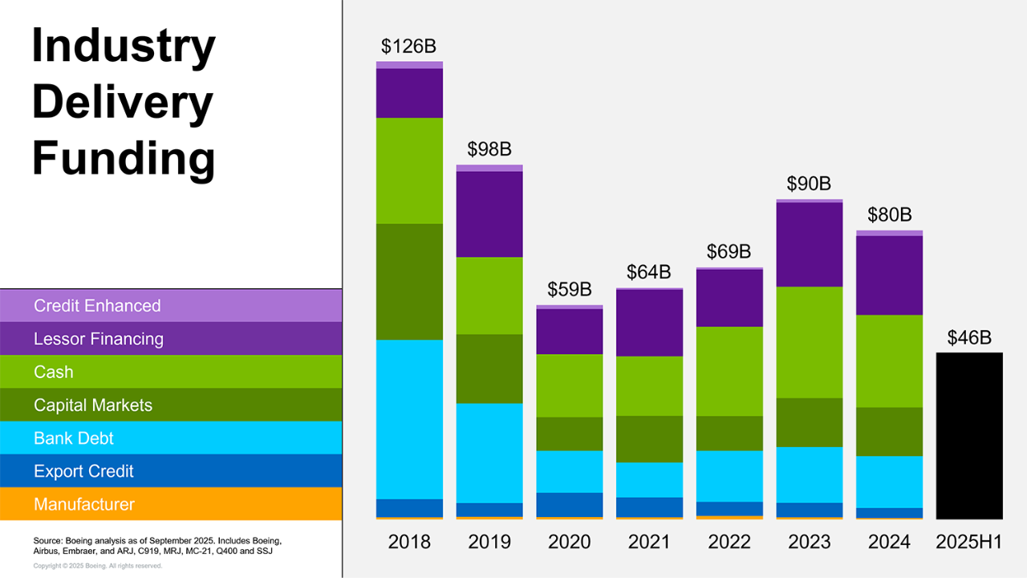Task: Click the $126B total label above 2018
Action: [x=408, y=46]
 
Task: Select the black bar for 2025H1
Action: [x=969, y=435]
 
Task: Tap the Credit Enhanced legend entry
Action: [x=97, y=306]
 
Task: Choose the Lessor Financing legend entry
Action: [x=99, y=339]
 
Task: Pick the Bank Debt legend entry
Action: [x=74, y=438]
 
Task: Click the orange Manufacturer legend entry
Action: [x=84, y=504]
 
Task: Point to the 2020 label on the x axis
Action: [x=569, y=542]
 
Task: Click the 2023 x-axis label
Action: [x=809, y=542]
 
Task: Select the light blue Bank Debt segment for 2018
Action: [x=409, y=419]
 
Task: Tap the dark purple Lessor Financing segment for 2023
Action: [x=810, y=244]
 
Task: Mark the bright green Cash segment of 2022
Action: [x=729, y=371]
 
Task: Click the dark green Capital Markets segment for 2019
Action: [x=489, y=368]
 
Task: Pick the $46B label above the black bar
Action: [x=969, y=338]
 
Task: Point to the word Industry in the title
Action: [x=124, y=47]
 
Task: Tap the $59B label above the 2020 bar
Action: [x=569, y=290]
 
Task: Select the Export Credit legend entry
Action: [x=83, y=471]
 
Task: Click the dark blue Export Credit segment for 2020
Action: [x=569, y=504]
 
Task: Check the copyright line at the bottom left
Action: [x=98, y=566]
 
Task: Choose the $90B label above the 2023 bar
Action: [x=809, y=184]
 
